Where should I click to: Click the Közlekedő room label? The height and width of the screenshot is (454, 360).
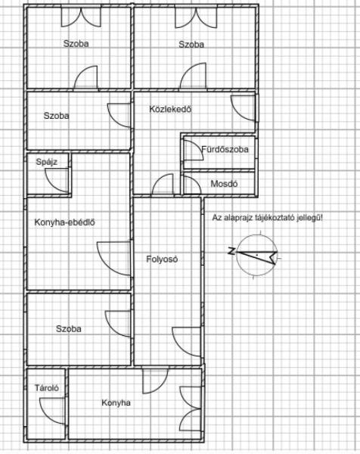tap(170, 109)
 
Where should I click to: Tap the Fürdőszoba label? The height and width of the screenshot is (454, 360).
tap(225, 149)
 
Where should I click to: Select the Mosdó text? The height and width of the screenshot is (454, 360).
tap(224, 184)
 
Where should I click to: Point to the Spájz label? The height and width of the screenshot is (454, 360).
tap(47, 162)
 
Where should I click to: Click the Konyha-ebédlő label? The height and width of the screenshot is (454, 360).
tap(65, 222)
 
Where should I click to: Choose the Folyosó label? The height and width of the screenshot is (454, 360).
tap(162, 259)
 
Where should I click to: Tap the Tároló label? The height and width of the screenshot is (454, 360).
tap(47, 387)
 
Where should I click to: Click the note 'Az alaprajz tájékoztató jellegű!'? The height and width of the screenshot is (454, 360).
tap(268, 217)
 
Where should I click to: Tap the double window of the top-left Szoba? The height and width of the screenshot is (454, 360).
tap(81, 17)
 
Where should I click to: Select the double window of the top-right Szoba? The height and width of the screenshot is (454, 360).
tap(196, 18)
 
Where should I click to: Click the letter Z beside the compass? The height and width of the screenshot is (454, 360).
tap(231, 251)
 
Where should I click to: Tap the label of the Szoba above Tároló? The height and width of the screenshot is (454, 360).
tap(69, 329)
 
